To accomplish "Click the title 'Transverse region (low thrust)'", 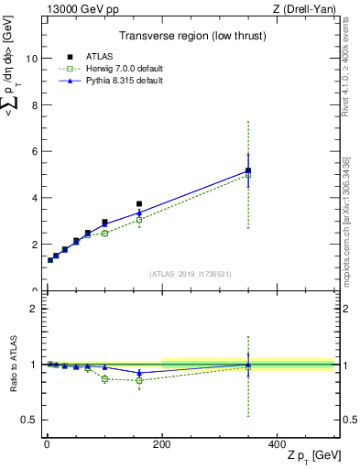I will click(x=189, y=38).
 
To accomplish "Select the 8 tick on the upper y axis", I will click(x=32, y=105).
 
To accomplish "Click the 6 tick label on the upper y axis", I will click(x=32, y=152).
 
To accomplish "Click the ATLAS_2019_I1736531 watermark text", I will click(x=189, y=273).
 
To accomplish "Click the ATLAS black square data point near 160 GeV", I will click(x=139, y=203).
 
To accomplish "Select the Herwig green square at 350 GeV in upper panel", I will click(x=247, y=174).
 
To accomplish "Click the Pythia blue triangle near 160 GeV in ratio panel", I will click(x=139, y=373).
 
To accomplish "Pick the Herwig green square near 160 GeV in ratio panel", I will click(x=139, y=380).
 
